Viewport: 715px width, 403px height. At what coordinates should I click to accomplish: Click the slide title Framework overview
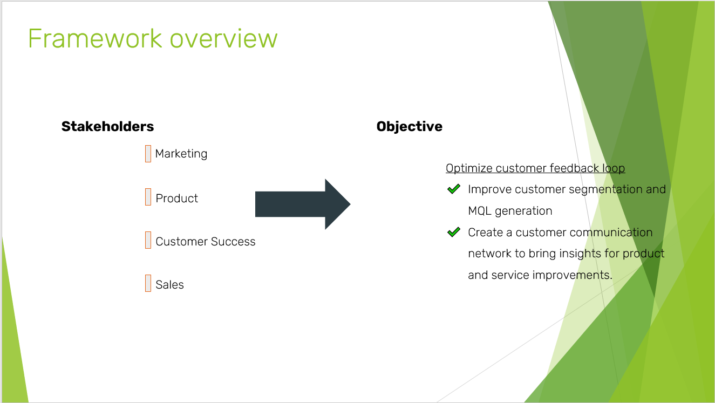pyautogui.click(x=153, y=39)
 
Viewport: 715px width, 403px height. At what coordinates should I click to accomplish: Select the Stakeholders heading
pyautogui.click(x=107, y=127)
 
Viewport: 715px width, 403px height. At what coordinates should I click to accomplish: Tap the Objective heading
pyautogui.click(x=409, y=127)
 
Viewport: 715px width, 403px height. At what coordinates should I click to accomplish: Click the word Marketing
pyautogui.click(x=181, y=154)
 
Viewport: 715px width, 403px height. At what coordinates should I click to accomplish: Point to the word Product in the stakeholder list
pyautogui.click(x=176, y=199)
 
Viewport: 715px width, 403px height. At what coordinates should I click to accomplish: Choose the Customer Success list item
pyautogui.click(x=205, y=242)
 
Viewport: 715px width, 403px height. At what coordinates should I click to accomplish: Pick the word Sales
pyautogui.click(x=169, y=285)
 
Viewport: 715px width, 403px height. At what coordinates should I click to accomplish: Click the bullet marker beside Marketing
pyautogui.click(x=148, y=154)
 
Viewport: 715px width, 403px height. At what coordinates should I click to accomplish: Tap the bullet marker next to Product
pyautogui.click(x=148, y=197)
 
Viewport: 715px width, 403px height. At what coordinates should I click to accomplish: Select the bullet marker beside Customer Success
pyautogui.click(x=148, y=240)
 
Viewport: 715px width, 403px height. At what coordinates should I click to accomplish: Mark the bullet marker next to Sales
pyautogui.click(x=148, y=283)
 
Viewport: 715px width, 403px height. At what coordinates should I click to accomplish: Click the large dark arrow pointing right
pyautogui.click(x=302, y=204)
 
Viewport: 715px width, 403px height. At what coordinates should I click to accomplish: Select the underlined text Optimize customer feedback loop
pyautogui.click(x=535, y=168)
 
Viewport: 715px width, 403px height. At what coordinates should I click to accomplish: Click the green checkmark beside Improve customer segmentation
pyautogui.click(x=454, y=189)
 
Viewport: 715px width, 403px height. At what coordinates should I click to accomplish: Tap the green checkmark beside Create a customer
pyautogui.click(x=454, y=233)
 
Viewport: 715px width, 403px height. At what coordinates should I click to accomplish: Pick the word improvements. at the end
pyautogui.click(x=572, y=275)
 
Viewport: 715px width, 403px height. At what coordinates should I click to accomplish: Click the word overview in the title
pyautogui.click(x=223, y=39)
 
